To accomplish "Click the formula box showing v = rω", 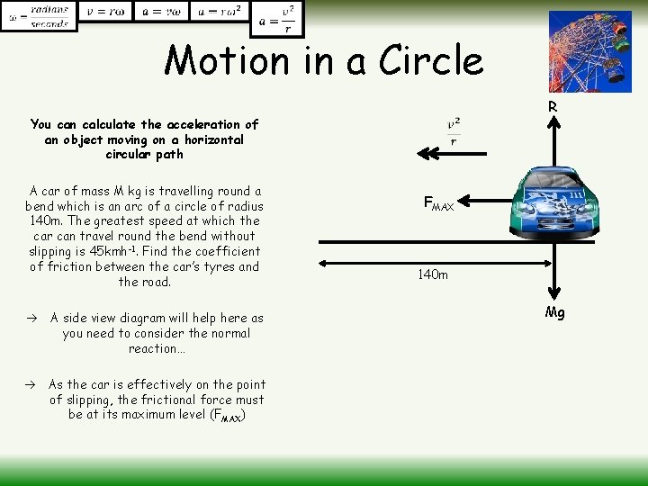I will [106, 13].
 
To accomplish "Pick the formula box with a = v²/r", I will [278, 18].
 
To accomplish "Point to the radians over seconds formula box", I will [39, 15].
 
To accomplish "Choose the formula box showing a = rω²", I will [218, 13].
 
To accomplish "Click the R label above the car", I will [553, 107].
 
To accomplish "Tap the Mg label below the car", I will [555, 313].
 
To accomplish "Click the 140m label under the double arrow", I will [432, 274].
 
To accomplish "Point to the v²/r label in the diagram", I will [454, 130].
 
